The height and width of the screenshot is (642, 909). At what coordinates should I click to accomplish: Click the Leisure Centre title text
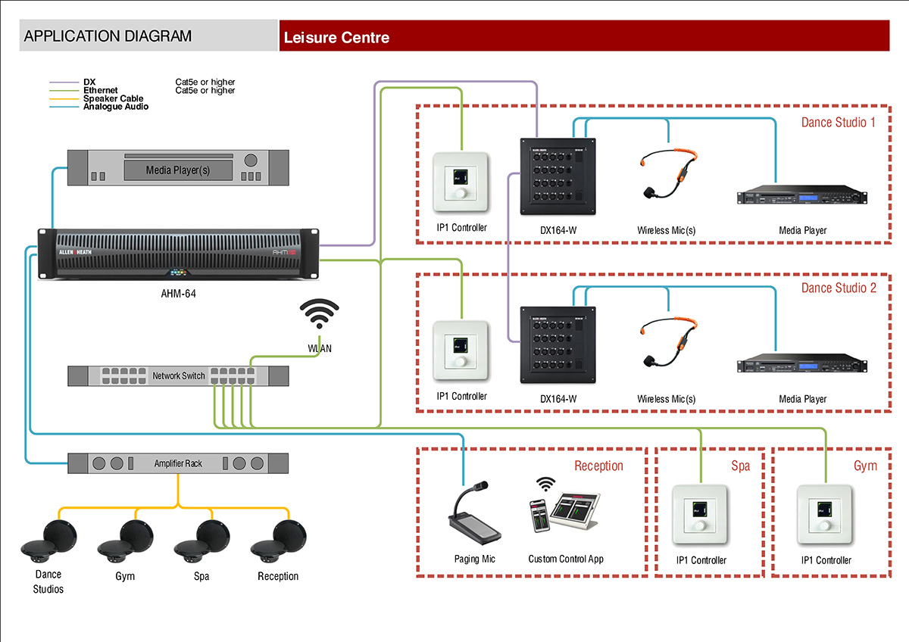[x=336, y=37]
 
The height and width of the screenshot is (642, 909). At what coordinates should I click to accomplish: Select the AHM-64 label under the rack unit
[x=179, y=292]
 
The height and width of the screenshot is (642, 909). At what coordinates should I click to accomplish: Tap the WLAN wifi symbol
[x=320, y=313]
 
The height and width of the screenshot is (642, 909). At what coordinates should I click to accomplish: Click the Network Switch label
[x=179, y=376]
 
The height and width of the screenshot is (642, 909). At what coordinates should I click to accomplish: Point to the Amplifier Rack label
[x=179, y=463]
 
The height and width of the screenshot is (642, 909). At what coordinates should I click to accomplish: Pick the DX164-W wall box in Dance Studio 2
[x=558, y=344]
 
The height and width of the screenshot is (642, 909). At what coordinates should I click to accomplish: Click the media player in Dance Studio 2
[x=802, y=364]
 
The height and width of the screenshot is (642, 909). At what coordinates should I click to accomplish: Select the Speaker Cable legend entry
[x=113, y=98]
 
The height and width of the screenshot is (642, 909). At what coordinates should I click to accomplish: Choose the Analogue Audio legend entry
[x=116, y=107]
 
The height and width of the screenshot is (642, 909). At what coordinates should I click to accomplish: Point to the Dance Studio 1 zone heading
[x=838, y=122]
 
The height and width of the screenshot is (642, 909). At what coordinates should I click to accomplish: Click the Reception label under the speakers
[x=278, y=576]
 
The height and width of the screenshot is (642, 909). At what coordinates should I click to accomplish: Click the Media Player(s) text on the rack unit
[x=178, y=170]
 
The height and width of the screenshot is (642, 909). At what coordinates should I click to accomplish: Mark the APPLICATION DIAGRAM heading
[x=108, y=36]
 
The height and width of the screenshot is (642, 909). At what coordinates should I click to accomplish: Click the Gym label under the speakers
[x=125, y=576]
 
